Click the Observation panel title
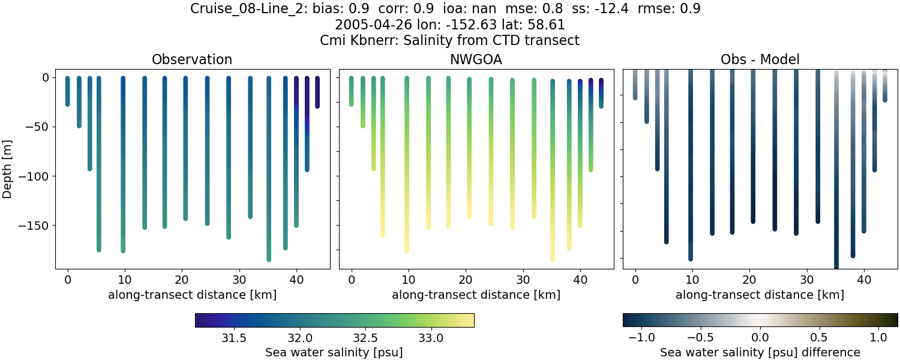[192, 59]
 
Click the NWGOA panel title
[476, 59]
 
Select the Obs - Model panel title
[760, 59]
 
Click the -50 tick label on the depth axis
[35, 127]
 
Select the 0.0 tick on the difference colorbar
[760, 338]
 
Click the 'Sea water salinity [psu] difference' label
[760, 352]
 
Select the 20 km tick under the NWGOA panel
[466, 280]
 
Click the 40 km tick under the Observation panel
[296, 280]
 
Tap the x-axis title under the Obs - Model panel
[760, 295]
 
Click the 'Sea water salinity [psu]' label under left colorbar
[334, 352]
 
